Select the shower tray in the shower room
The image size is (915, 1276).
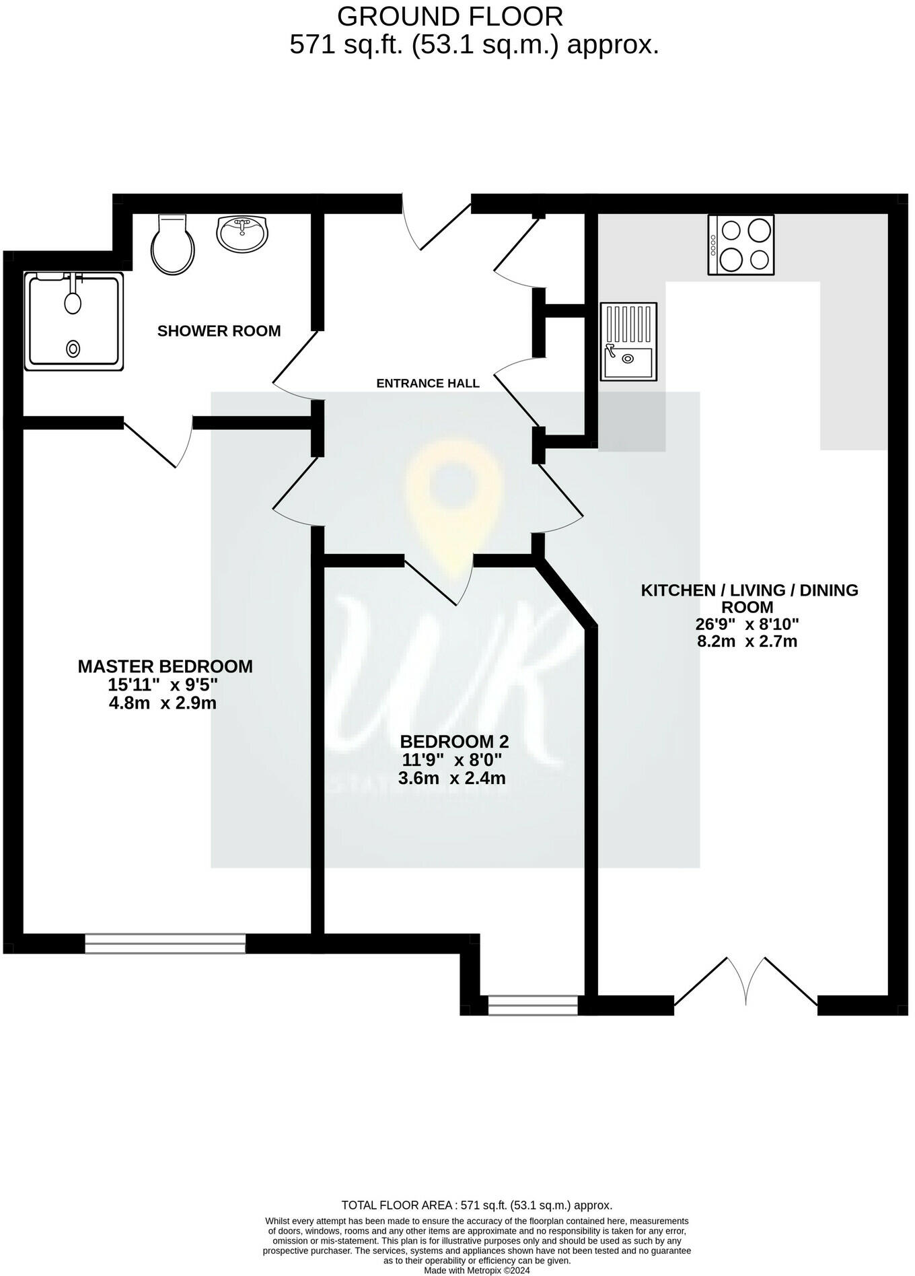tap(75, 321)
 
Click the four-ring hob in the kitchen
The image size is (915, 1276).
tap(741, 245)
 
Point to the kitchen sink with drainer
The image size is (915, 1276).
tap(628, 341)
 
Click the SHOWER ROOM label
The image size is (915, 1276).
tap(219, 330)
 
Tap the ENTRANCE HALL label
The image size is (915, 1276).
tap(428, 384)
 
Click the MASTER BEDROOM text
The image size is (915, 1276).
tap(166, 666)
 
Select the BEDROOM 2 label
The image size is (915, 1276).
tap(454, 742)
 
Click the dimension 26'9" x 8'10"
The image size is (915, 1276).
tap(747, 624)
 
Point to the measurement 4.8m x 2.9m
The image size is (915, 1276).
tap(162, 703)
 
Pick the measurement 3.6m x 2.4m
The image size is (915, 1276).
tap(451, 779)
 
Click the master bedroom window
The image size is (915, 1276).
tap(166, 944)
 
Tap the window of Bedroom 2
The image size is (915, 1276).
tap(532, 1005)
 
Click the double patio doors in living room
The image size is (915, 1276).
tap(745, 984)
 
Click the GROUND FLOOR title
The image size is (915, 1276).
tap(450, 15)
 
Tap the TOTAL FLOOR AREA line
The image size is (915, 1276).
tap(476, 1205)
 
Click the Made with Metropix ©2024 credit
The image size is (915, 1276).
tap(476, 1271)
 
